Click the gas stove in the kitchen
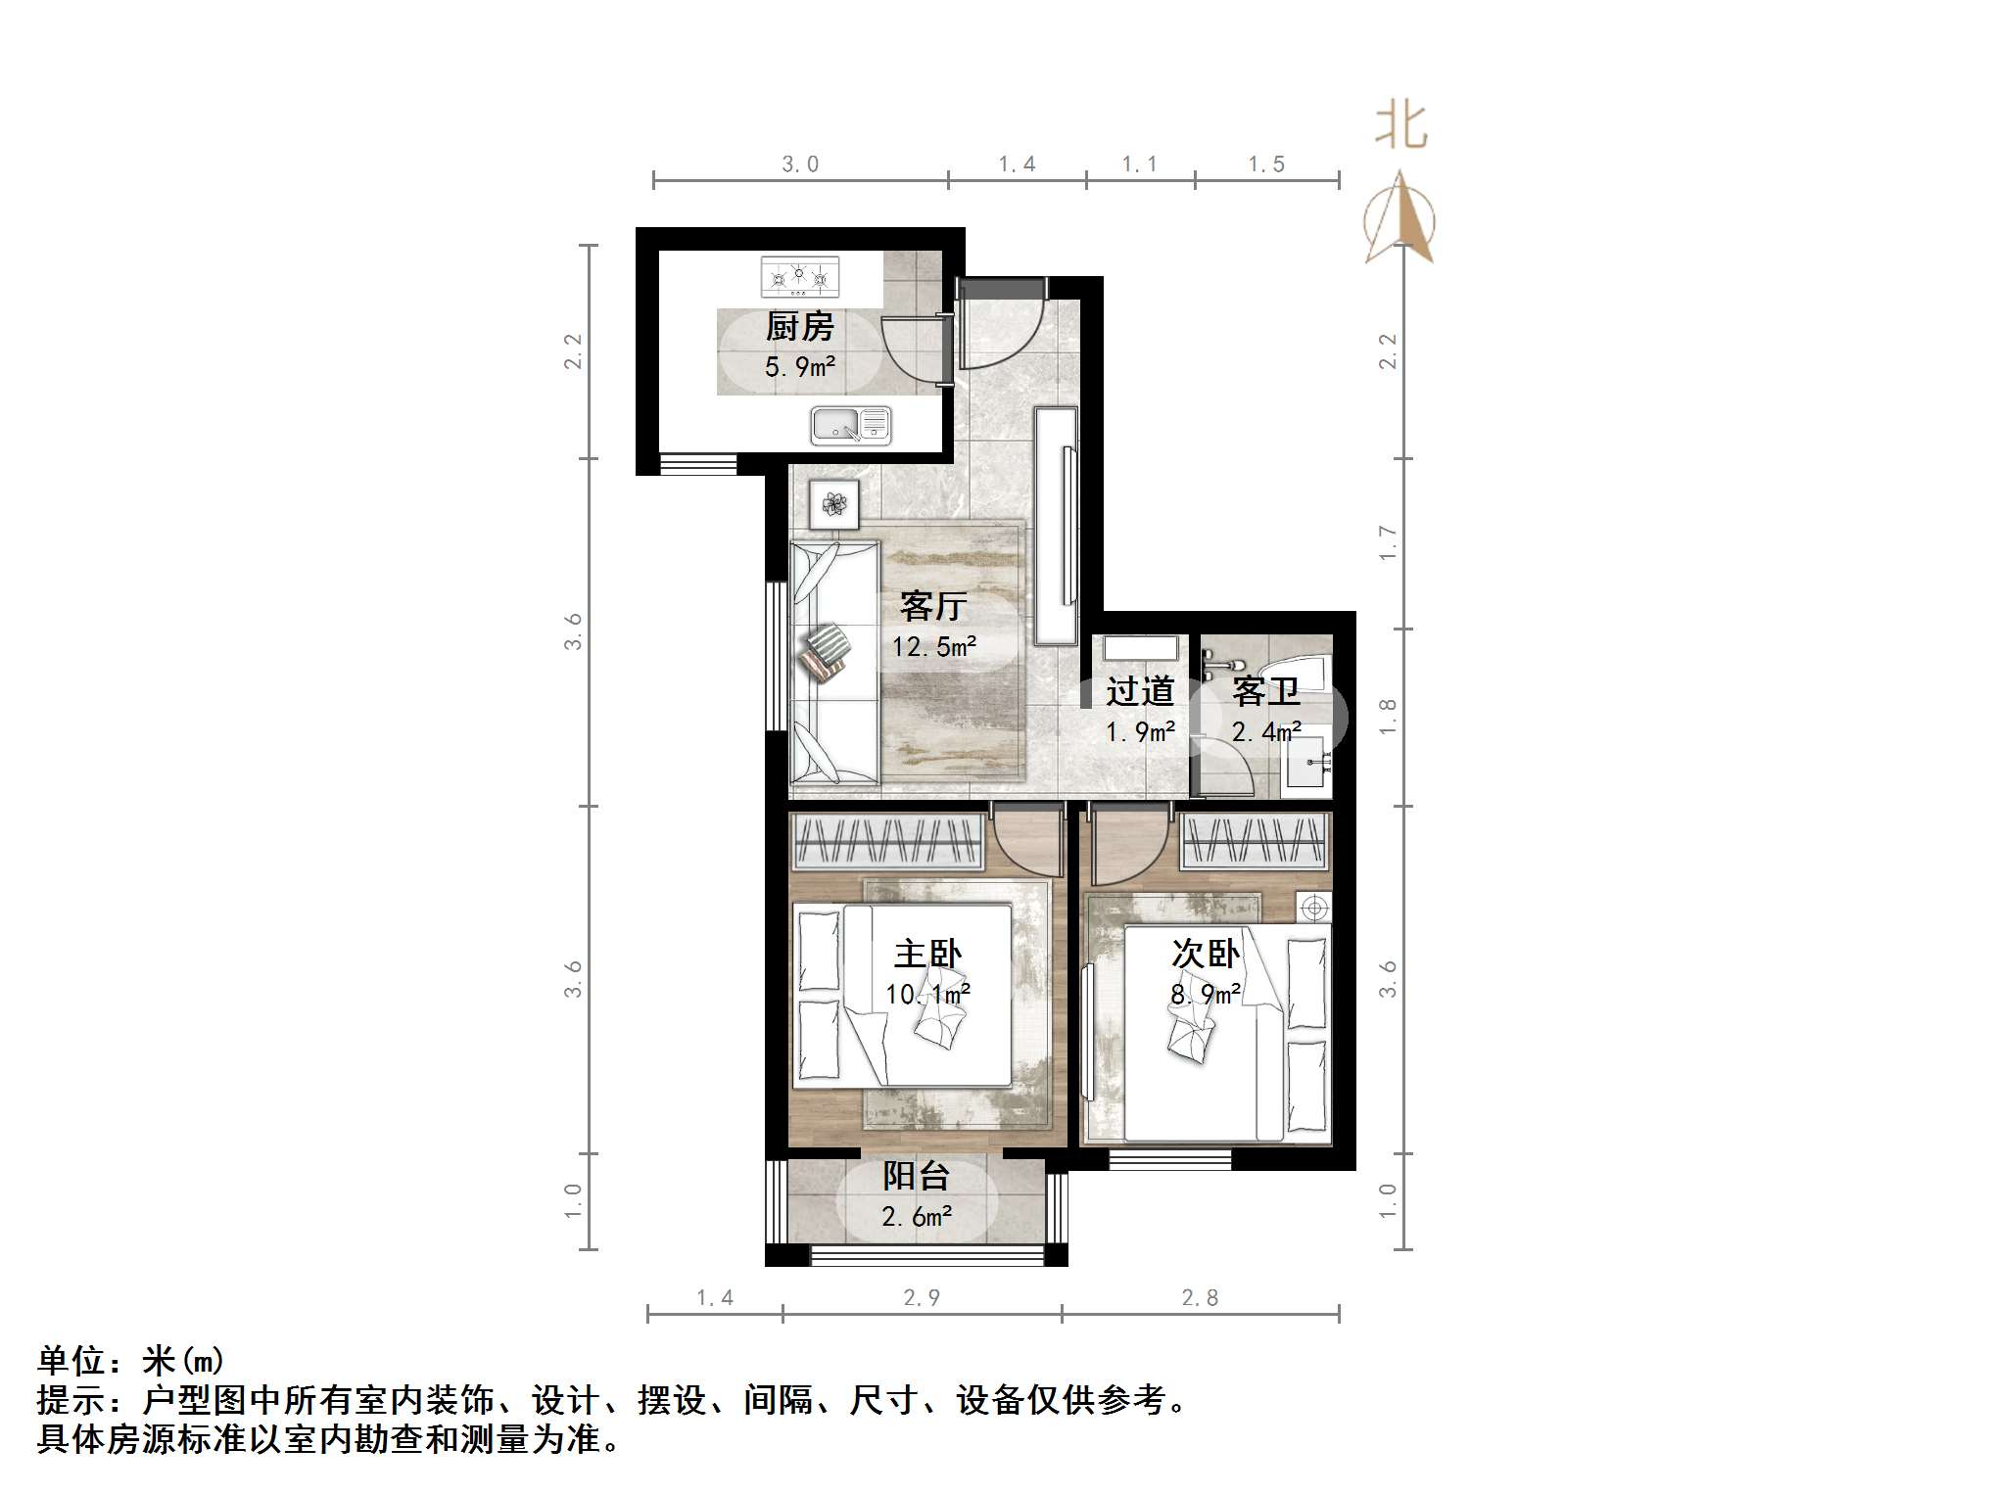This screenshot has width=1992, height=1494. click(800, 277)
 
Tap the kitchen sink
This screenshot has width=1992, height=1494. click(850, 426)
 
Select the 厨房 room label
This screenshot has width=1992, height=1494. click(800, 327)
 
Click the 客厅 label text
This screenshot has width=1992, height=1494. click(933, 607)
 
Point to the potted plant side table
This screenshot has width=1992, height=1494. click(834, 504)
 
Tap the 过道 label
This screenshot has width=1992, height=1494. click(1140, 692)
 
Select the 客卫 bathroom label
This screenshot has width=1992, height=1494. click(1266, 692)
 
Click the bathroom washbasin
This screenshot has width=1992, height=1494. click(1307, 763)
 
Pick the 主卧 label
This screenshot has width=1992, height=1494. click(927, 954)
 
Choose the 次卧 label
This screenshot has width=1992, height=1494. click(1206, 954)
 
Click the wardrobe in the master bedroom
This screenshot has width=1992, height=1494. click(887, 842)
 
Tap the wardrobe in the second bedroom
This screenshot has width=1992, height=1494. click(1255, 842)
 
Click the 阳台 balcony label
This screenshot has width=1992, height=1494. click(916, 1176)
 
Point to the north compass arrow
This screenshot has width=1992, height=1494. click(1400, 219)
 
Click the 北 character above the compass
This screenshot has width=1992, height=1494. click(1401, 127)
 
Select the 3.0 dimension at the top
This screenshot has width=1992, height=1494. click(800, 164)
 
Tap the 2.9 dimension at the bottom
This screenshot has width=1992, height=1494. click(922, 1298)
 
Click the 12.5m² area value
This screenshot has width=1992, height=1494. click(933, 647)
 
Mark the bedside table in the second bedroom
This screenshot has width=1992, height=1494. click(1314, 908)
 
